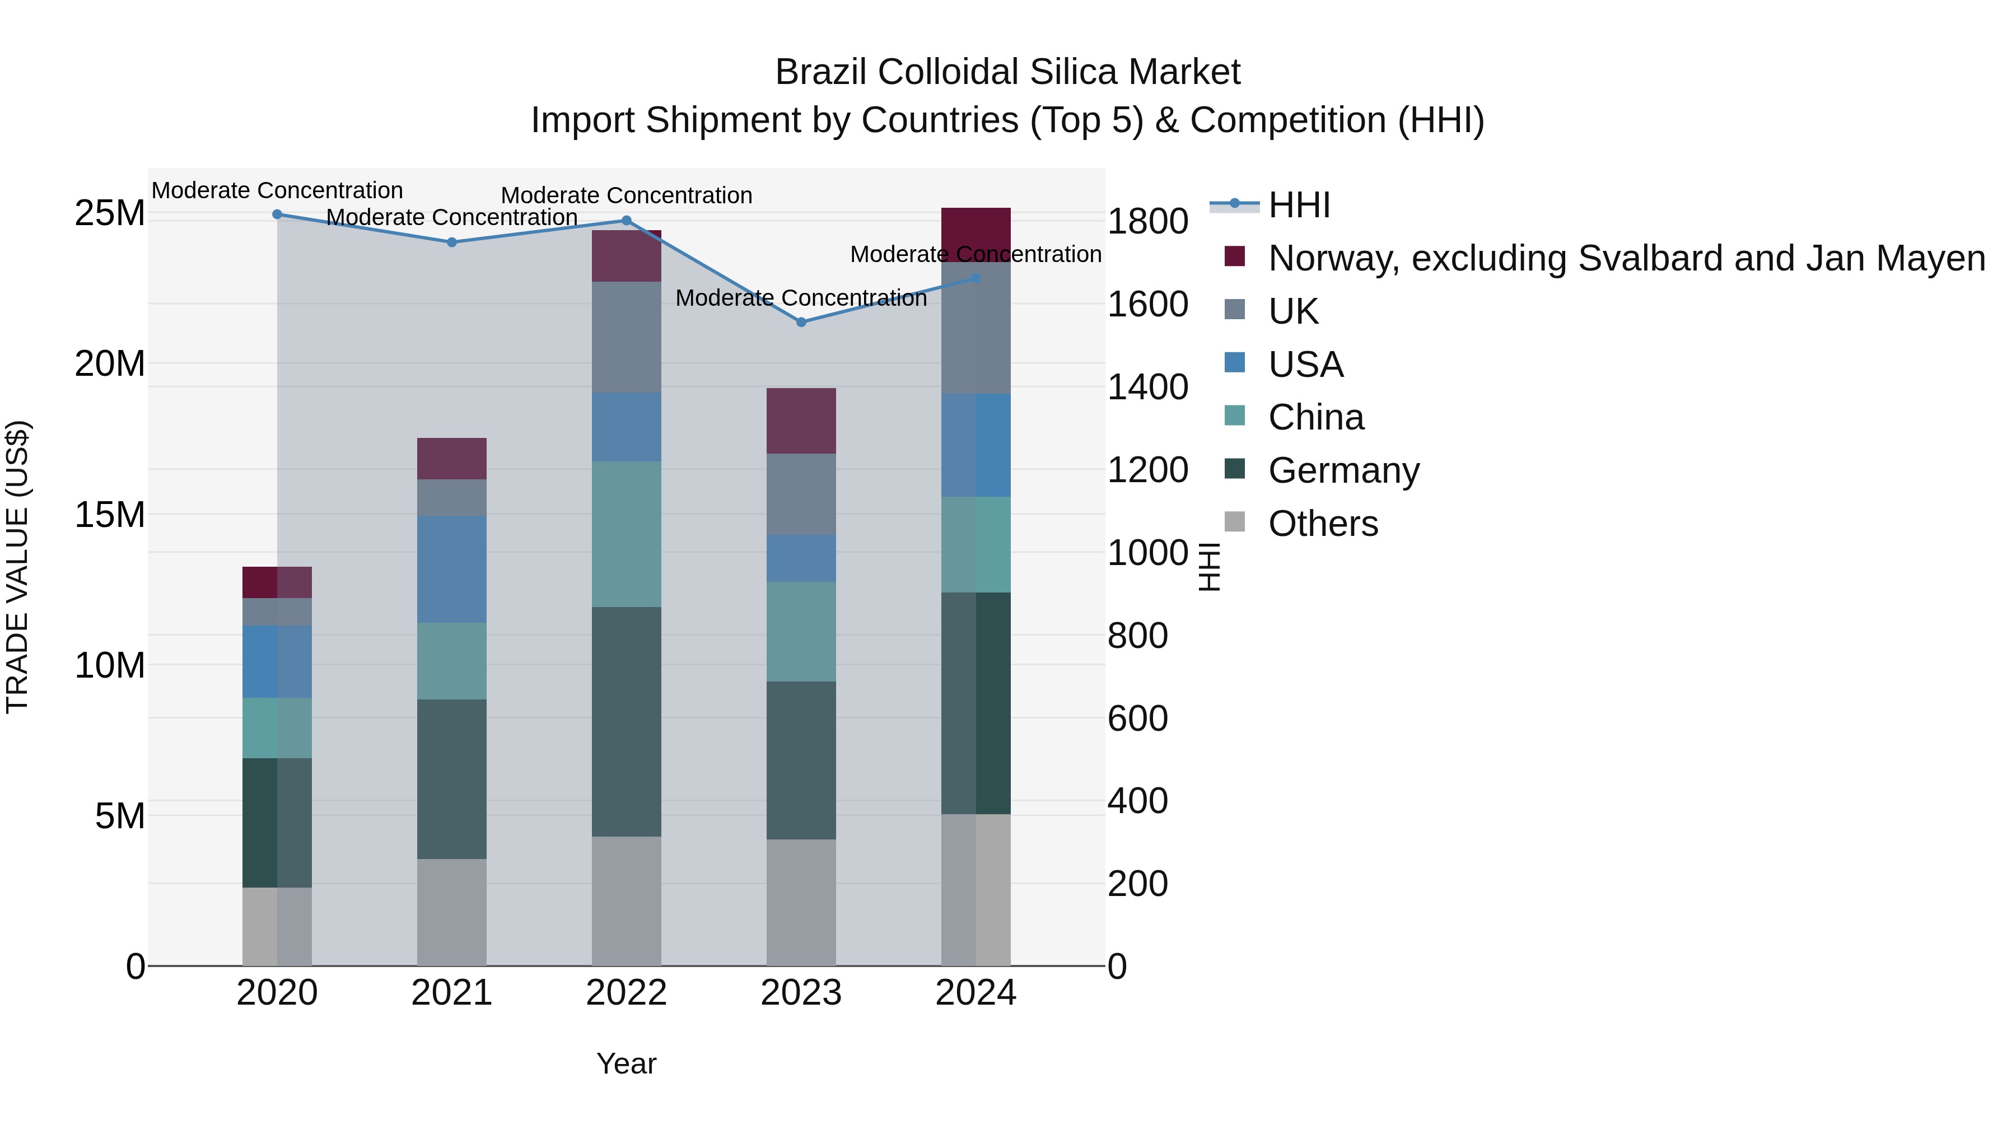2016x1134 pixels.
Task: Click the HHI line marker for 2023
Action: tap(801, 321)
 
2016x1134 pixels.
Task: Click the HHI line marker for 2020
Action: tap(277, 214)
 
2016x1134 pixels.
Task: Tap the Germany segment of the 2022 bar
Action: tap(626, 722)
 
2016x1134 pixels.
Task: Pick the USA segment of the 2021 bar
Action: tap(451, 569)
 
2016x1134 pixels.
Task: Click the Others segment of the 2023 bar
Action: tap(801, 902)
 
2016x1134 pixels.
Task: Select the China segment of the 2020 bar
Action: tap(277, 728)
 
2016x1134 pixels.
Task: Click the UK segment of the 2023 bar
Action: tap(801, 494)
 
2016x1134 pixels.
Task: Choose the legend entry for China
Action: tap(1315, 417)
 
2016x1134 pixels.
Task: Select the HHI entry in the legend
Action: tap(1299, 205)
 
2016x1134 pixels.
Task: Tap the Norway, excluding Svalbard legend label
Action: tap(1626, 258)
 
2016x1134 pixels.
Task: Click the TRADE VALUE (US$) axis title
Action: tap(17, 567)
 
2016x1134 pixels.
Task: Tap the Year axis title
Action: tap(626, 1063)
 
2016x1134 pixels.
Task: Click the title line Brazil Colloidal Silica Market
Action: tap(1007, 72)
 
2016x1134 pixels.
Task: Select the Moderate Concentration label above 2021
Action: tap(451, 218)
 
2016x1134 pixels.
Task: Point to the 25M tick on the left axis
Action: tap(110, 213)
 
